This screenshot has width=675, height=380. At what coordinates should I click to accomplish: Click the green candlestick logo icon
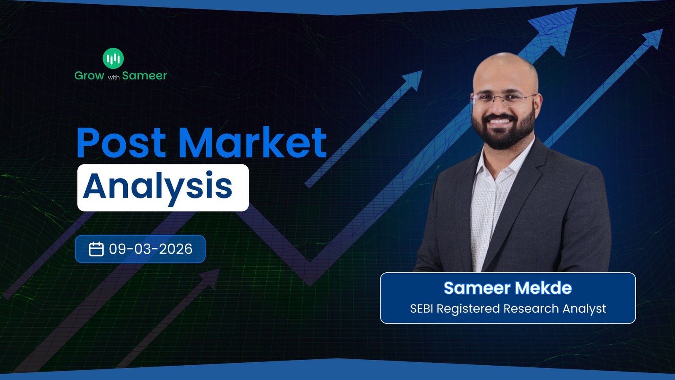click(113, 59)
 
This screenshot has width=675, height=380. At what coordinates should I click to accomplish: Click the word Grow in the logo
click(89, 76)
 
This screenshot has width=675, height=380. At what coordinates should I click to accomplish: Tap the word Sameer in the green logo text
click(144, 76)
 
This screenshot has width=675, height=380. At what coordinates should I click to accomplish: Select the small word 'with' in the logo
click(113, 78)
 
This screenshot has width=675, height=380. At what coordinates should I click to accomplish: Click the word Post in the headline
click(121, 143)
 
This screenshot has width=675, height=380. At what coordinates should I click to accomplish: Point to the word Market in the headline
click(253, 142)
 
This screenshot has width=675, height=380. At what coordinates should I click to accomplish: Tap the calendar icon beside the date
click(96, 249)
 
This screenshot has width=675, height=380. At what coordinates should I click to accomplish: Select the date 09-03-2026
click(150, 249)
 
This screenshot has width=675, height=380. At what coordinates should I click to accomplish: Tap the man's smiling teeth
click(499, 122)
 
